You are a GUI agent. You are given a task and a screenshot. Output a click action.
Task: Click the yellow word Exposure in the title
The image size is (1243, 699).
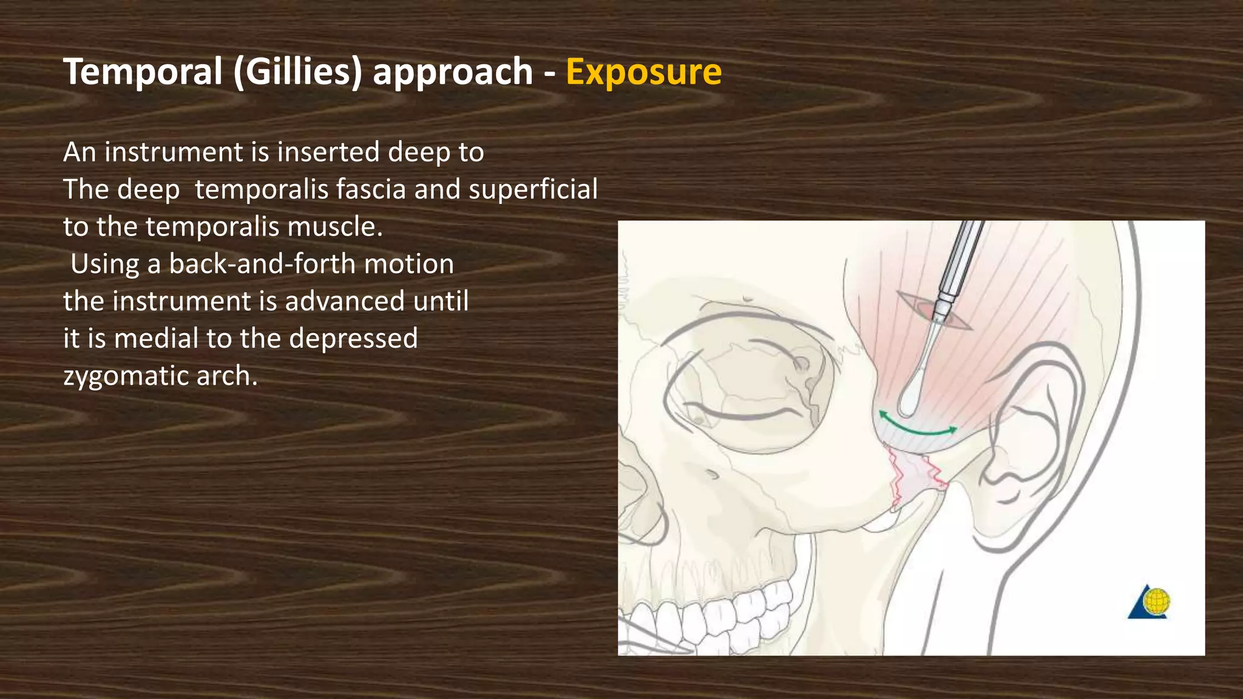[x=643, y=72]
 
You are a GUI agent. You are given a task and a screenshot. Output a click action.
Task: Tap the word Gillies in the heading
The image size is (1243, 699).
[x=297, y=72]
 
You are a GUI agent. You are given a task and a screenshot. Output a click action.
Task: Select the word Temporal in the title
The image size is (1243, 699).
[x=143, y=72]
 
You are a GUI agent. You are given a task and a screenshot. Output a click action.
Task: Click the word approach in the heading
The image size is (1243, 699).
[x=452, y=72]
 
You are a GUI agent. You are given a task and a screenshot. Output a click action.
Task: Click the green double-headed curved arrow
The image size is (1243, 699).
[x=918, y=427]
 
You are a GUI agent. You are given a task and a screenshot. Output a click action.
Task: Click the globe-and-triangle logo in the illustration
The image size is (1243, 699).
[x=1150, y=603]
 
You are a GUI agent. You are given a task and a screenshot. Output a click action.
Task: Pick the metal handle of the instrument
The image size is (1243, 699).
[x=959, y=261]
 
